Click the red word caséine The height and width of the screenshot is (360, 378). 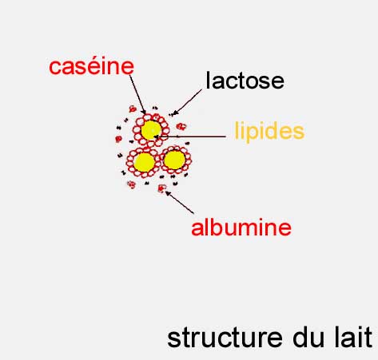[x=91, y=66]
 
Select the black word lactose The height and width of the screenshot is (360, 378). [x=245, y=80]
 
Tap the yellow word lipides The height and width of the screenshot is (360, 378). [x=269, y=131]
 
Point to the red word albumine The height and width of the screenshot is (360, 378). [x=241, y=227]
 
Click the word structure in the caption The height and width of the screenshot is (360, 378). [x=225, y=338]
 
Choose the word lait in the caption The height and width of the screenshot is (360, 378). [x=353, y=338]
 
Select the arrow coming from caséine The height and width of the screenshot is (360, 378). [x=137, y=94]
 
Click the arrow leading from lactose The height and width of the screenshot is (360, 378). [x=187, y=102]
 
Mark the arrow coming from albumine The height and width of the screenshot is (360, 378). [x=179, y=202]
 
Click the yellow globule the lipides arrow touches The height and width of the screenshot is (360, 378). [x=151, y=130]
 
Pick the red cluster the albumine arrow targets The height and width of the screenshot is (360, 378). [x=161, y=188]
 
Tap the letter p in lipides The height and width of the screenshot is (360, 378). [x=252, y=134]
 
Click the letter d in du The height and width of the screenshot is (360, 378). [x=300, y=338]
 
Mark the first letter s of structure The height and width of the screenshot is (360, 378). [x=173, y=340]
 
